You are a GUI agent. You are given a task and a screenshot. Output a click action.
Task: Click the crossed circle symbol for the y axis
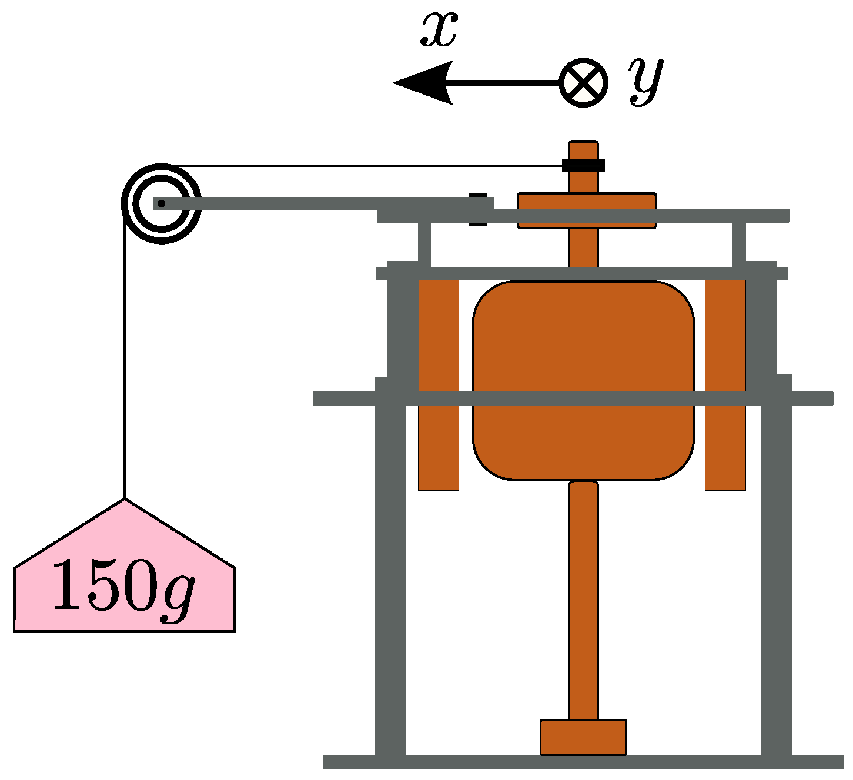pos(583,82)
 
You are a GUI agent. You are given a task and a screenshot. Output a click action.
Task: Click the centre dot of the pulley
pos(162,203)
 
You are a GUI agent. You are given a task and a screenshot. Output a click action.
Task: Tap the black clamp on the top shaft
pos(583,165)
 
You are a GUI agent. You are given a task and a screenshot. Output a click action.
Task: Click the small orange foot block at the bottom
pos(583,737)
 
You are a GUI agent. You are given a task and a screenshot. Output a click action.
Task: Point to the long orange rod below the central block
pos(583,600)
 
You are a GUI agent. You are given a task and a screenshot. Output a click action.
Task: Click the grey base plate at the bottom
pos(583,762)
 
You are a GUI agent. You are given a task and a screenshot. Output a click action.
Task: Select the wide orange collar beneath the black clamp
pos(586,200)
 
